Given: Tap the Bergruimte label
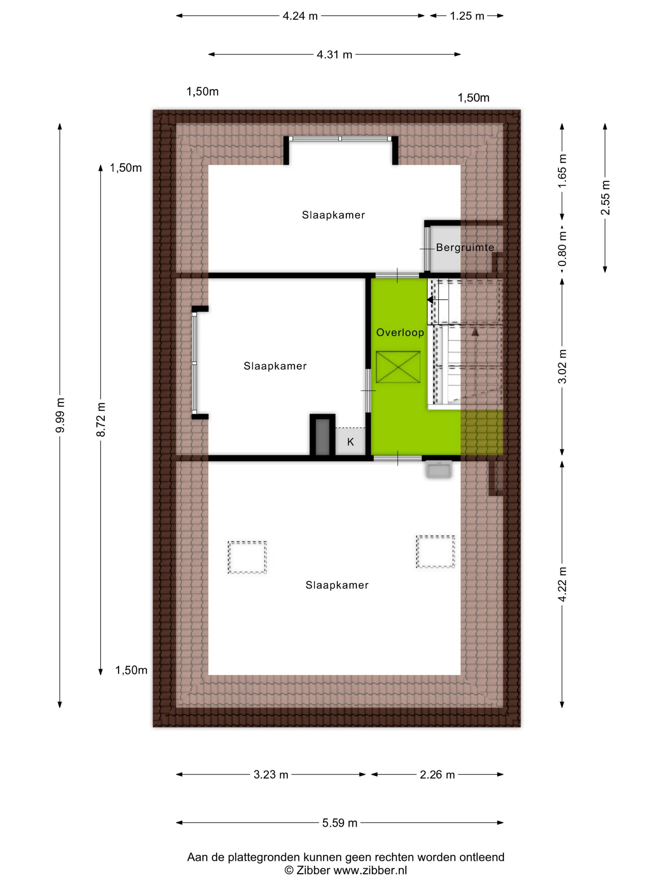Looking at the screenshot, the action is click(x=465, y=247).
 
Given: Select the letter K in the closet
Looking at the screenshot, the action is click(x=350, y=442).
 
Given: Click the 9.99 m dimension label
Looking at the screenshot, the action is click(x=60, y=415).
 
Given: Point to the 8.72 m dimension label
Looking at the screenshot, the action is click(x=101, y=419).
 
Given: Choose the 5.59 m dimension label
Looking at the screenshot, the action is click(x=339, y=823).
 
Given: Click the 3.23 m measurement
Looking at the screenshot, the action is click(x=271, y=775).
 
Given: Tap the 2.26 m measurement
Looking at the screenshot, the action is click(x=437, y=775).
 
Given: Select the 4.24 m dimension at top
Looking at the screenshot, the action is click(x=300, y=16).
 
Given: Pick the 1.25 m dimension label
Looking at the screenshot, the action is click(x=467, y=16).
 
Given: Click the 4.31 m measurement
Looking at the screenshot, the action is click(x=334, y=54).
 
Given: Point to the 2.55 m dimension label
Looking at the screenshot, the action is click(x=605, y=197).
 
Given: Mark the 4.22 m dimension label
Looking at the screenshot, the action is click(x=562, y=584).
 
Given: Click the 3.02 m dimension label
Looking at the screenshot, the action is click(x=562, y=366).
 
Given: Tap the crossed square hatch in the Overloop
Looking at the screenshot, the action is click(x=398, y=367).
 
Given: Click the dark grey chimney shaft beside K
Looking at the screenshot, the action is click(x=323, y=437).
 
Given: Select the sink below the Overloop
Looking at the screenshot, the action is click(x=439, y=470).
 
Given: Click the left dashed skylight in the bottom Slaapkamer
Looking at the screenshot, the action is click(x=247, y=557).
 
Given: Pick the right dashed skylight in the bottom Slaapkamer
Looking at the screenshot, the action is click(x=435, y=552).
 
